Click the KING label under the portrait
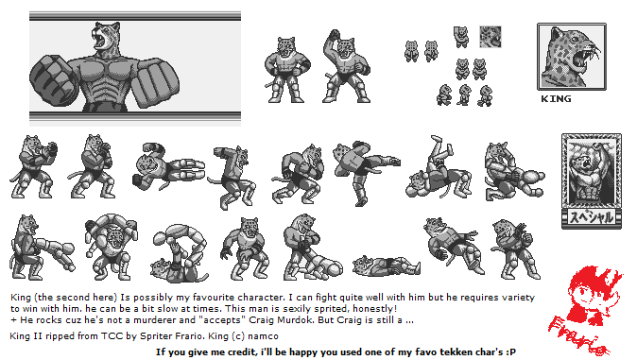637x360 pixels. (556, 98)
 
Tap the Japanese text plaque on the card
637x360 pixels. (592, 218)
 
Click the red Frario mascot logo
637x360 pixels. (586, 310)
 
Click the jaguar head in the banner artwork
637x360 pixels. (106, 39)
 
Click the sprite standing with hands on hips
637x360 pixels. (286, 70)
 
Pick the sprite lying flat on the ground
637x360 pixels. (387, 266)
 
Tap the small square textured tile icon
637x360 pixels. (491, 37)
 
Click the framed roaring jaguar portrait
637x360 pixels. (572, 57)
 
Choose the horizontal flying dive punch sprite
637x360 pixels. (168, 166)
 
